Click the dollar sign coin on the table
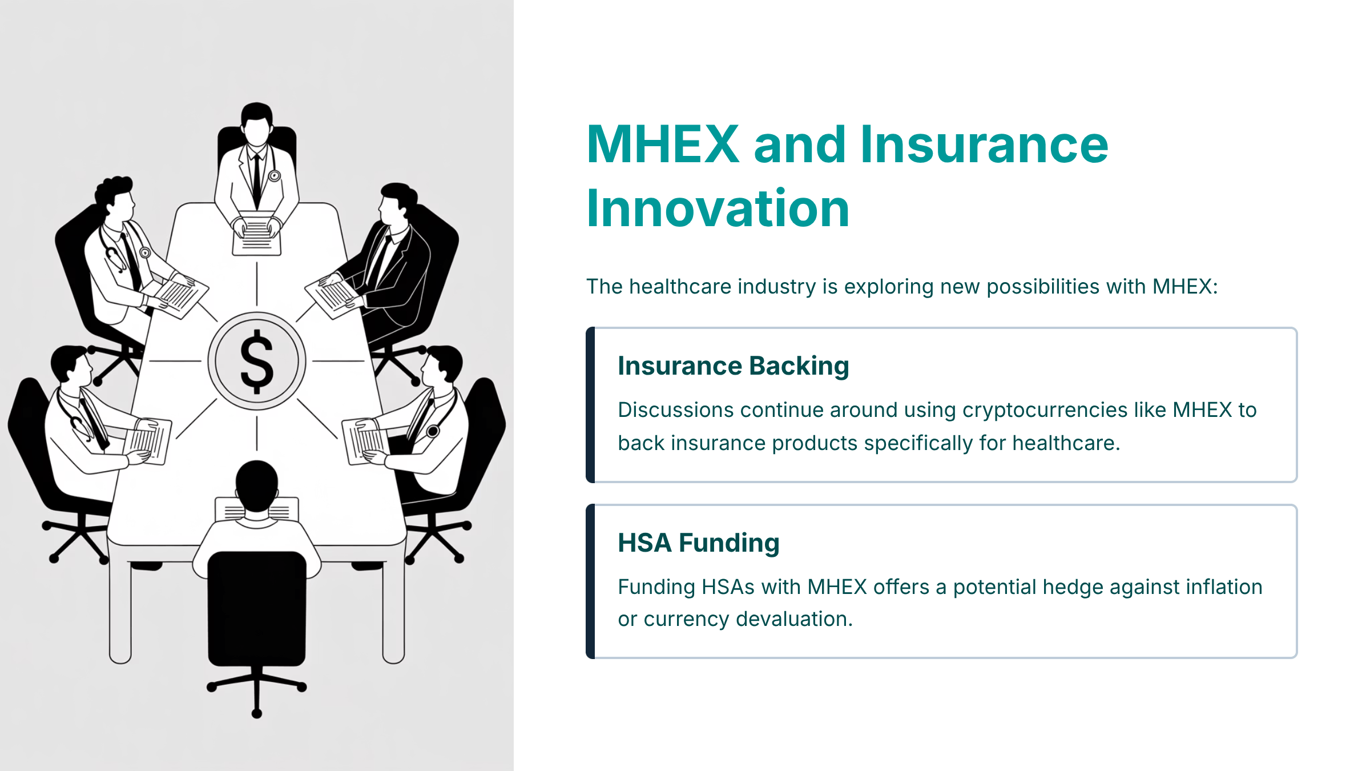257,361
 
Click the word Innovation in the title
718,208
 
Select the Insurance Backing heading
734,366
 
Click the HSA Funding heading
699,543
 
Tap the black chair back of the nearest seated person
257,608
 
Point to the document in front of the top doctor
257,234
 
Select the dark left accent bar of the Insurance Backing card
590,405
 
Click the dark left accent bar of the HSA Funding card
590,581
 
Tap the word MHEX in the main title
663,144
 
